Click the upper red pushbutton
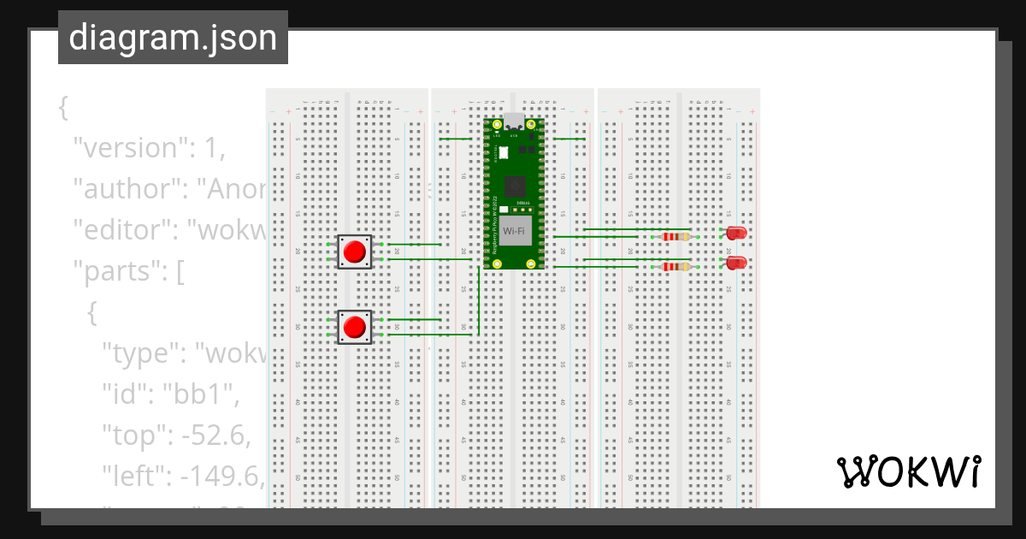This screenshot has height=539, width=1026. [354, 252]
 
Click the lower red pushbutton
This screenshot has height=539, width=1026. [354, 327]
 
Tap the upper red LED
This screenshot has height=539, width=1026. [735, 233]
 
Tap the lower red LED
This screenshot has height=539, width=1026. [735, 263]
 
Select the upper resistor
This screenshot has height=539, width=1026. [677, 237]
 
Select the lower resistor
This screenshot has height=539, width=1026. [677, 267]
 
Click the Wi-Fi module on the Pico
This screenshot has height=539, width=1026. [515, 231]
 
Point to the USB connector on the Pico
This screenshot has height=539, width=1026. [514, 121]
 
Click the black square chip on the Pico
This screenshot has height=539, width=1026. [515, 186]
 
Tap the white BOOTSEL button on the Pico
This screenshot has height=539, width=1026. [503, 152]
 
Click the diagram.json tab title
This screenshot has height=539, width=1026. [173, 38]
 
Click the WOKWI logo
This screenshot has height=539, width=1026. [908, 471]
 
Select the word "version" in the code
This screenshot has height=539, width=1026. [127, 148]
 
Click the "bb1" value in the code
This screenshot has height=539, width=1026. [196, 394]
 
